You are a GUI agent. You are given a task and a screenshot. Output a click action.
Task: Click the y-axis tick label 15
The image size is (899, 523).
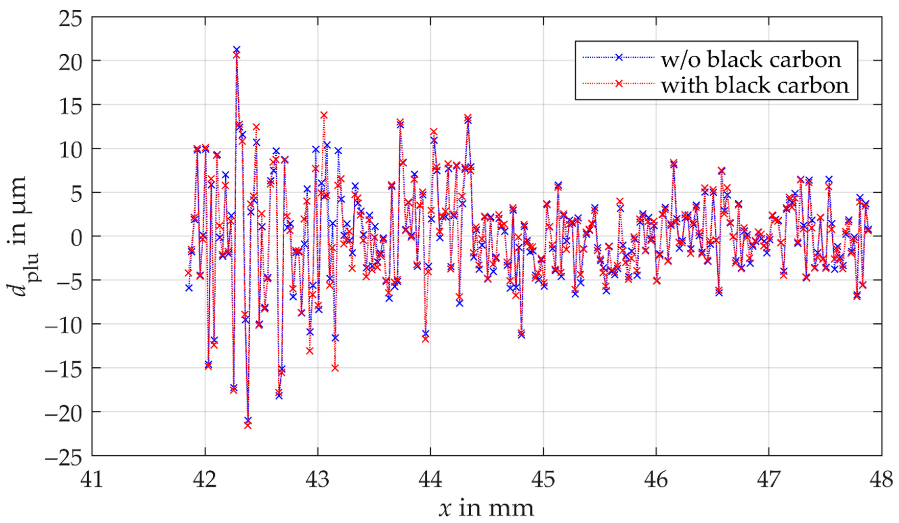coord(71,106)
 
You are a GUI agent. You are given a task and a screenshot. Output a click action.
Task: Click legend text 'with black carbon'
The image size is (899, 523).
coord(755,86)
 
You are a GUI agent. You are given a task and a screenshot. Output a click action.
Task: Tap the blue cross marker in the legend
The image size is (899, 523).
coord(619,57)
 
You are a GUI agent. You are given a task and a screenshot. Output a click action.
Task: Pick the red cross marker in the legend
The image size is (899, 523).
coord(619,84)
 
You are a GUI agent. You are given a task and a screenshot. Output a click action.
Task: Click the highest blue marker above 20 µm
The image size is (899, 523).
coord(237,50)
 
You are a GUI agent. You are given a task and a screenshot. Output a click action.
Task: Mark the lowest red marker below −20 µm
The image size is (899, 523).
coord(248,425)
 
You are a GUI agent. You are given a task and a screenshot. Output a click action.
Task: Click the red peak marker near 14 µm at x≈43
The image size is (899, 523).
coord(324,115)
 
